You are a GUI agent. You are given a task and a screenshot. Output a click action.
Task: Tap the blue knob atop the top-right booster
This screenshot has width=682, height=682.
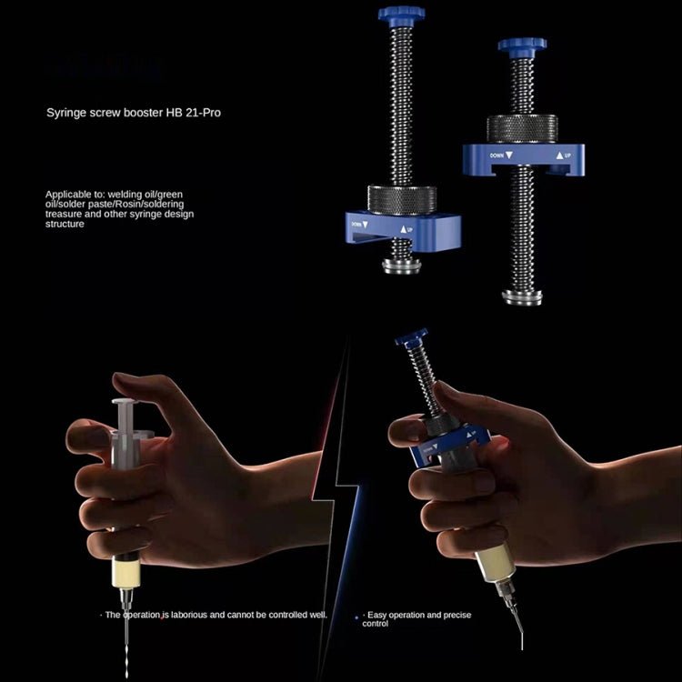coord(517,47)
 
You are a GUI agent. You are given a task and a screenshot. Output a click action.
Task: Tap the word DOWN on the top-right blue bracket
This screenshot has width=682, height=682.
coord(497,155)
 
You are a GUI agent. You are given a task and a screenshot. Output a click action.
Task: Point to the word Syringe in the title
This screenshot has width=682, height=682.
coord(66,114)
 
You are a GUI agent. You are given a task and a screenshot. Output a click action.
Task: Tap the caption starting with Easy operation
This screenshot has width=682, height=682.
coord(417,619)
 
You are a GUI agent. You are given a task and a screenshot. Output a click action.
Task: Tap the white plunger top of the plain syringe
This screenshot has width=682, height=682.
coord(126,402)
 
